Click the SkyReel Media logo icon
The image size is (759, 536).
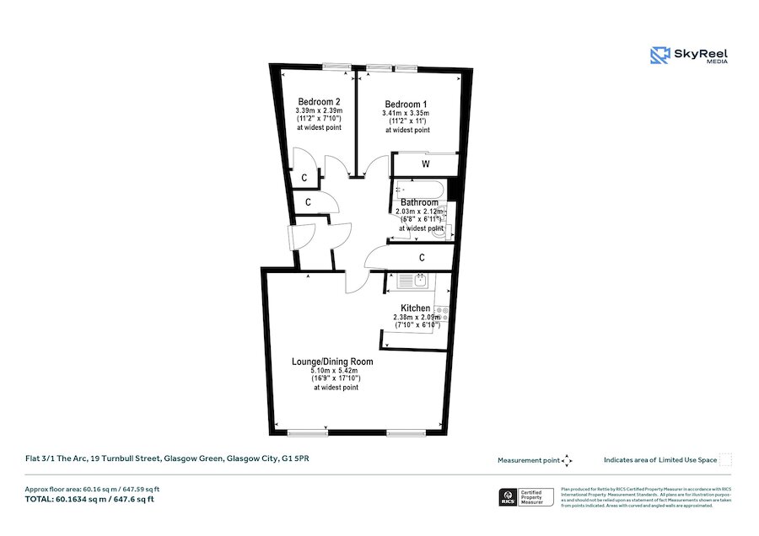tap(659, 56)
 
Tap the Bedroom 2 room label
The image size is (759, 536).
tap(319, 101)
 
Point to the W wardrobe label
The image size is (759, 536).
tap(426, 163)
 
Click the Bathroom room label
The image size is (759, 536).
tap(419, 203)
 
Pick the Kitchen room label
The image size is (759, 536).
tap(416, 308)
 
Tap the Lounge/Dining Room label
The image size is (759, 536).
tap(332, 362)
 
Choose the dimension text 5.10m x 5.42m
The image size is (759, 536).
tap(335, 371)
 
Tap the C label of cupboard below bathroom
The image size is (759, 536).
tap(420, 256)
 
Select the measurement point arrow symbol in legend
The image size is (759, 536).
tap(567, 460)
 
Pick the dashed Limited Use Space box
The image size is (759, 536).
tap(725, 460)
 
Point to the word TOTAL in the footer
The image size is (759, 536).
tap(38, 499)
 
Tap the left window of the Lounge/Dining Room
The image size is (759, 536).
tap(307, 433)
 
